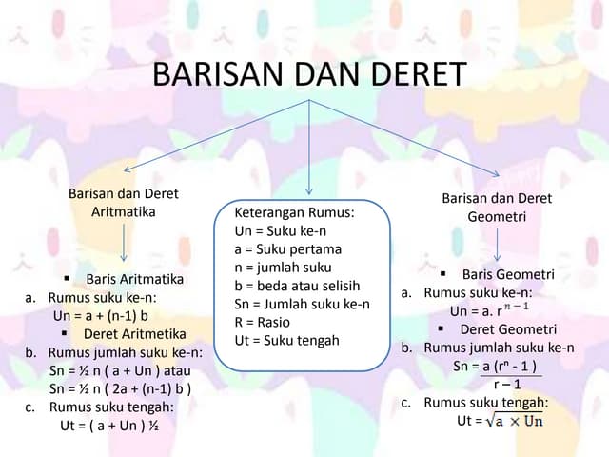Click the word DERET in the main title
click(x=414, y=75)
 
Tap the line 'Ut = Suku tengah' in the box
click(x=285, y=340)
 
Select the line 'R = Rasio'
click(x=262, y=322)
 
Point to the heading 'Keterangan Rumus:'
click(x=294, y=213)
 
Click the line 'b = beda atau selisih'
click(x=297, y=286)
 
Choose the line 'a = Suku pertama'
click(x=287, y=249)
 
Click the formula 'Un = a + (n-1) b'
click(x=101, y=315)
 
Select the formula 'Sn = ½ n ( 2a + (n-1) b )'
click(x=121, y=388)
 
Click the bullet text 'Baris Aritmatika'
click(x=134, y=280)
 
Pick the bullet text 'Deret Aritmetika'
click(x=134, y=334)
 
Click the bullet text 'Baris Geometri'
click(x=508, y=275)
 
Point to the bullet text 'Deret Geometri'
click(x=508, y=329)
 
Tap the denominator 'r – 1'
click(x=506, y=384)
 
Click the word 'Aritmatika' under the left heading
click(x=123, y=211)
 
